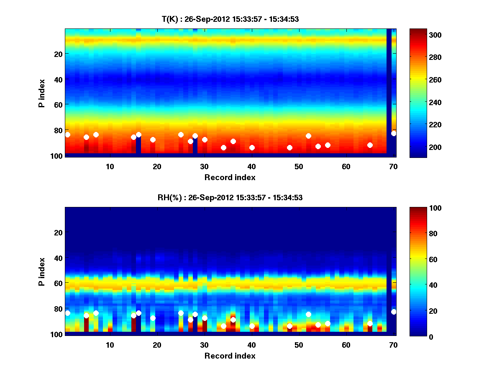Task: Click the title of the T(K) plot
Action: tap(230, 19)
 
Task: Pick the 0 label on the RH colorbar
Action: tap(418, 336)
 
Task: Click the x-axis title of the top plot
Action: tap(230, 177)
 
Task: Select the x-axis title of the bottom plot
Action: tap(230, 356)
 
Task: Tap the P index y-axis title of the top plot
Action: tap(41, 93)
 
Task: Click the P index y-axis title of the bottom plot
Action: tap(41, 271)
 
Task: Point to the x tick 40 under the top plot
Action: tap(251, 166)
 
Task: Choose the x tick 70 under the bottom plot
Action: tap(393, 345)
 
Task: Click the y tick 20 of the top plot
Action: tap(58, 54)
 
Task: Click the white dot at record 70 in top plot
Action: tap(393, 134)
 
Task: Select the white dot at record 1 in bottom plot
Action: tap(67, 313)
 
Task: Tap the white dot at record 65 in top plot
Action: tap(370, 145)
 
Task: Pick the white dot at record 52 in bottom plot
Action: tap(308, 315)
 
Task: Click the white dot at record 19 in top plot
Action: tap(153, 140)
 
